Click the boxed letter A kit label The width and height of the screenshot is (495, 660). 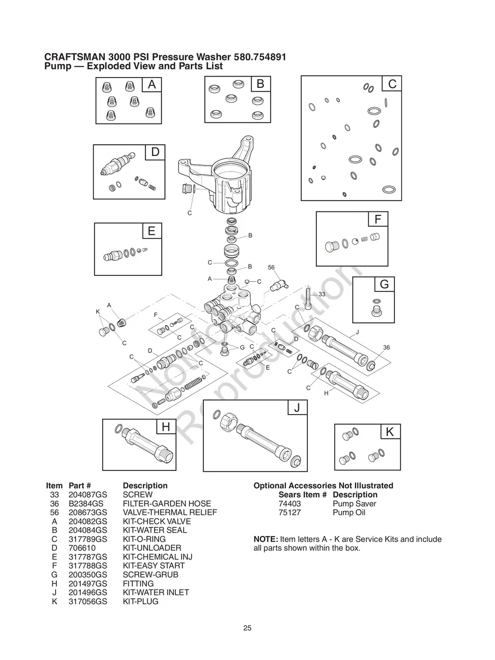click(x=152, y=85)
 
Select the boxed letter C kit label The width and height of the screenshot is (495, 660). click(x=392, y=84)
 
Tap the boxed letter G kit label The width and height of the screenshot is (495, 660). click(x=384, y=285)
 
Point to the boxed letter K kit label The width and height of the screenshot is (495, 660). click(x=390, y=432)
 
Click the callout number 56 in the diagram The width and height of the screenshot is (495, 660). click(x=271, y=268)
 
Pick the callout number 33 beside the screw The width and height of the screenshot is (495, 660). click(x=322, y=294)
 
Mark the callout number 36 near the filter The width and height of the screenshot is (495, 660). click(x=386, y=347)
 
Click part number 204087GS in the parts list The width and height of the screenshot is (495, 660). click(x=87, y=494)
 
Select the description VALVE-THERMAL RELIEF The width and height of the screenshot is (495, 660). click(x=169, y=512)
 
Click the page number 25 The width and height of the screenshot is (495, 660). click(x=247, y=628)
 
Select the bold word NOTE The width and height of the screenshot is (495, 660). click(x=266, y=539)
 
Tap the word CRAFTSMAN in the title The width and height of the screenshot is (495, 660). click(x=75, y=57)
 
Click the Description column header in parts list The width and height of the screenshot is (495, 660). click(x=145, y=486)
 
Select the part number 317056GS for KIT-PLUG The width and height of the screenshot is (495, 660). click(x=87, y=602)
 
